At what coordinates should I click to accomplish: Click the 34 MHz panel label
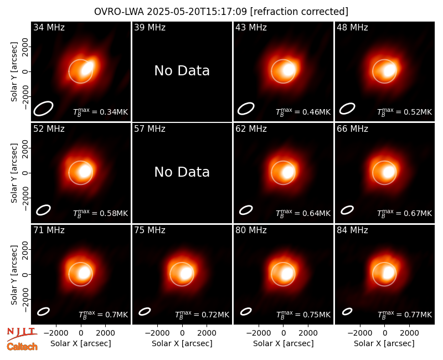click(x=49, y=27)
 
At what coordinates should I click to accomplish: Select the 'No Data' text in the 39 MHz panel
click(x=182, y=70)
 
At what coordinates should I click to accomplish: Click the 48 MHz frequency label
click(x=352, y=27)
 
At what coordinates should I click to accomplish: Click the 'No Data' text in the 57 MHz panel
click(x=182, y=172)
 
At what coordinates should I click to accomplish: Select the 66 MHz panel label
click(x=352, y=129)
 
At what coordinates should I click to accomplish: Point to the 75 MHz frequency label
click(x=150, y=230)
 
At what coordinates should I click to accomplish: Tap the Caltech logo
click(x=22, y=347)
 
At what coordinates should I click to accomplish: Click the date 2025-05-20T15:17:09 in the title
click(x=197, y=12)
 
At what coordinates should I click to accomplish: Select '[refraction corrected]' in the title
click(x=299, y=12)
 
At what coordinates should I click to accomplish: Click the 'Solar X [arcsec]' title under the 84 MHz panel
click(x=384, y=343)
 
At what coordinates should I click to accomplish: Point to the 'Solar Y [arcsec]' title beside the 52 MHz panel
click(x=14, y=173)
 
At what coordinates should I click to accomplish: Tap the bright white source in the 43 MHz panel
click(x=289, y=70)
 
